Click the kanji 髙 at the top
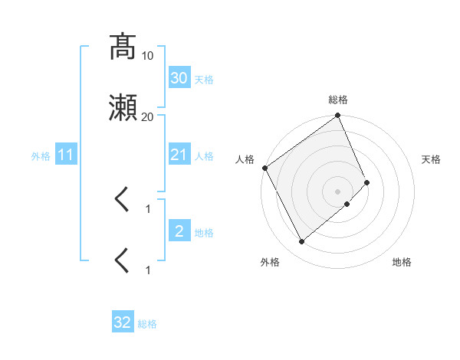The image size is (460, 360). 123,47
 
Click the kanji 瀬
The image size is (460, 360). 123,109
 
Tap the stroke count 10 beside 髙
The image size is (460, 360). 148,56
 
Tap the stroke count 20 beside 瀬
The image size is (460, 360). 148,117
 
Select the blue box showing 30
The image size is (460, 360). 179,78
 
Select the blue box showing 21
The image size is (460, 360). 179,155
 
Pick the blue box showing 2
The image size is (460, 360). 179,231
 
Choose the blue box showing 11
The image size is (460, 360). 65,155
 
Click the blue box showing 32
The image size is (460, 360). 123,322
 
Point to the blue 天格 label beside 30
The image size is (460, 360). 204,79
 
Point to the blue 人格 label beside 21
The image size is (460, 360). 204,156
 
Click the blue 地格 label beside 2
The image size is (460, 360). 204,232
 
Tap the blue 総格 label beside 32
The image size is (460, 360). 147,324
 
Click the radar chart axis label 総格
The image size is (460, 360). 338,100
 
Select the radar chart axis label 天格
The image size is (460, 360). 432,159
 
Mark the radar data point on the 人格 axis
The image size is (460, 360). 264,168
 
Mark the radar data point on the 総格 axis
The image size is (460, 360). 338,116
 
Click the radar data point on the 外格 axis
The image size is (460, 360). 301,242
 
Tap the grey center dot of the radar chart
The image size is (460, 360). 338,191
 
